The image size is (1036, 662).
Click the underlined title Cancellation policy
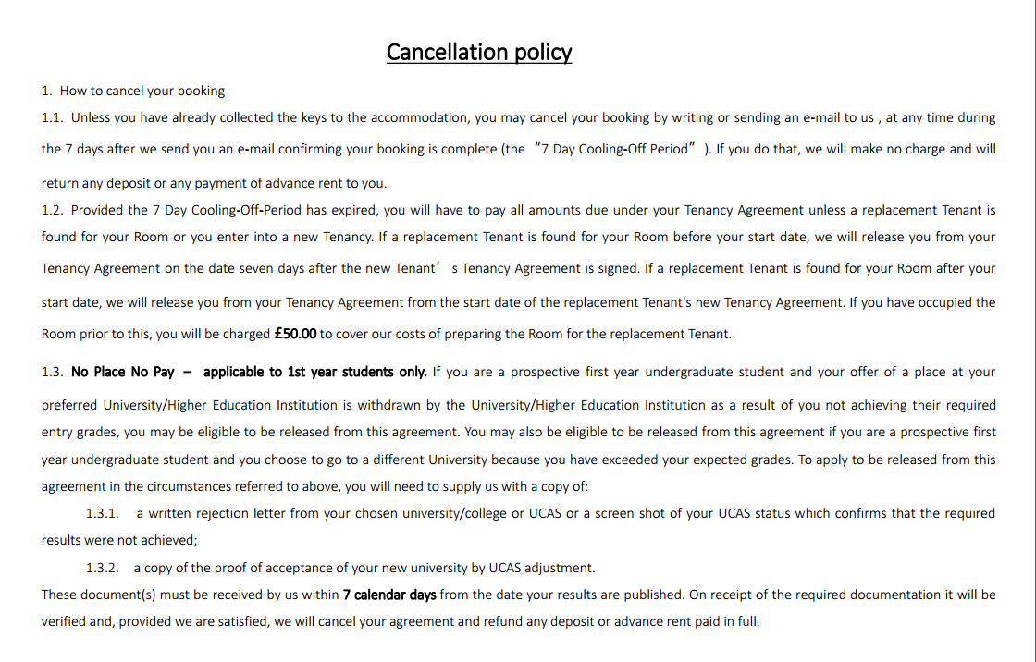pos(479,52)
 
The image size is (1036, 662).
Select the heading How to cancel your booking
pos(142,91)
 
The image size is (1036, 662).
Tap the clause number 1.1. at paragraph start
pos(53,117)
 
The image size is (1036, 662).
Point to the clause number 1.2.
pos(53,210)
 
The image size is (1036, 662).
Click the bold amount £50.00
pos(296,334)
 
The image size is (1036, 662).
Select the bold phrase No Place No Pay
pos(122,372)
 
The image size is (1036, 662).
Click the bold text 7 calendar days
pos(389,595)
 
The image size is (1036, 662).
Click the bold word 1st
pos(296,372)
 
